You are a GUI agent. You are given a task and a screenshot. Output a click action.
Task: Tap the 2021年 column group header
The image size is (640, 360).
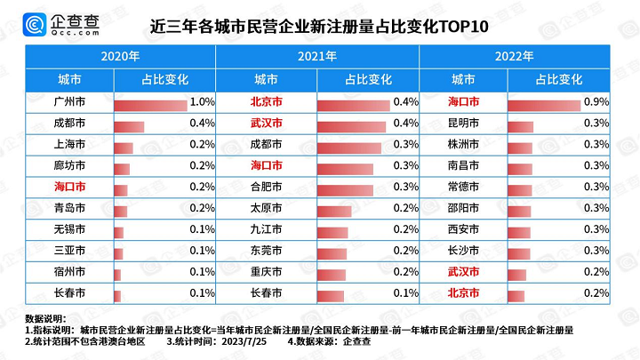pyautogui.click(x=317, y=56)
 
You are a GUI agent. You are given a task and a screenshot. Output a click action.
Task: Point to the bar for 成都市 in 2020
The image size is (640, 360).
pyautogui.click(x=129, y=125)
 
